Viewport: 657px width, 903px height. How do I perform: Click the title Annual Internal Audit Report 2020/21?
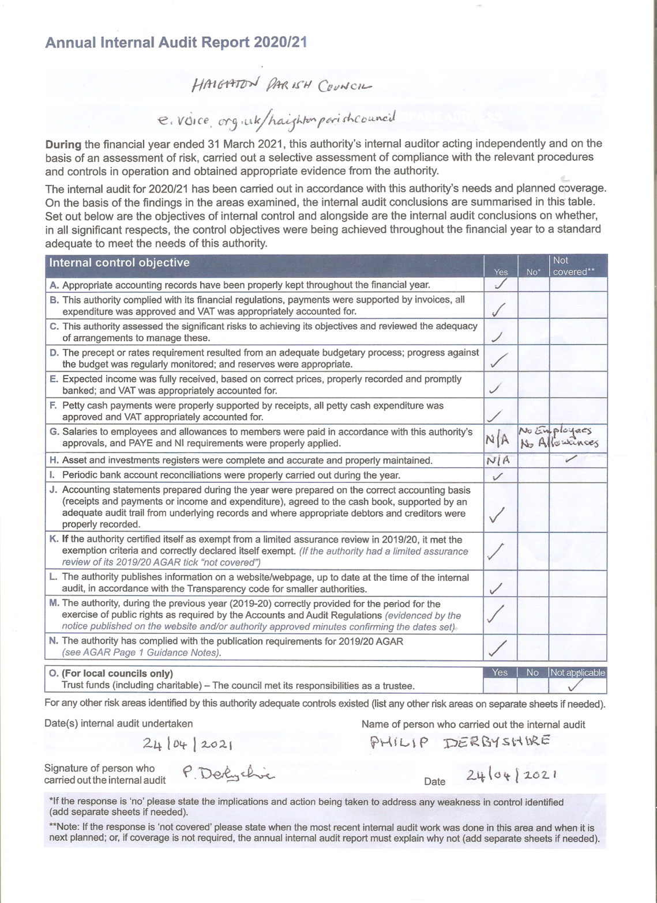[176, 43]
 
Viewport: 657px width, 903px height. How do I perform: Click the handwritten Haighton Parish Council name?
[281, 86]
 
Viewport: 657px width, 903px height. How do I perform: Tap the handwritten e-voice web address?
[277, 119]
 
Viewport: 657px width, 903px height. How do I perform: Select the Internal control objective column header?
[119, 263]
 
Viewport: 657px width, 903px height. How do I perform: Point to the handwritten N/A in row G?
[497, 440]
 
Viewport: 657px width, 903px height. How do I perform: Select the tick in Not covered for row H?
[570, 459]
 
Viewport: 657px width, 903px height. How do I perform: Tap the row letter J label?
[53, 490]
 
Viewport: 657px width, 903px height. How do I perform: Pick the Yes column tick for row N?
[498, 648]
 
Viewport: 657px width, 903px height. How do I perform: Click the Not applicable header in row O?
[577, 672]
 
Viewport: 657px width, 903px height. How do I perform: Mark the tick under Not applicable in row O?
[575, 686]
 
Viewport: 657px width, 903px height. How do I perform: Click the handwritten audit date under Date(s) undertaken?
[187, 744]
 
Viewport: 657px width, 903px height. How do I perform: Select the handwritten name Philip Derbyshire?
[460, 742]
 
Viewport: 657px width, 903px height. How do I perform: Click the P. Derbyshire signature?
[228, 773]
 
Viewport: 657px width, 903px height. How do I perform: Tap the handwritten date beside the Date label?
[512, 775]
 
